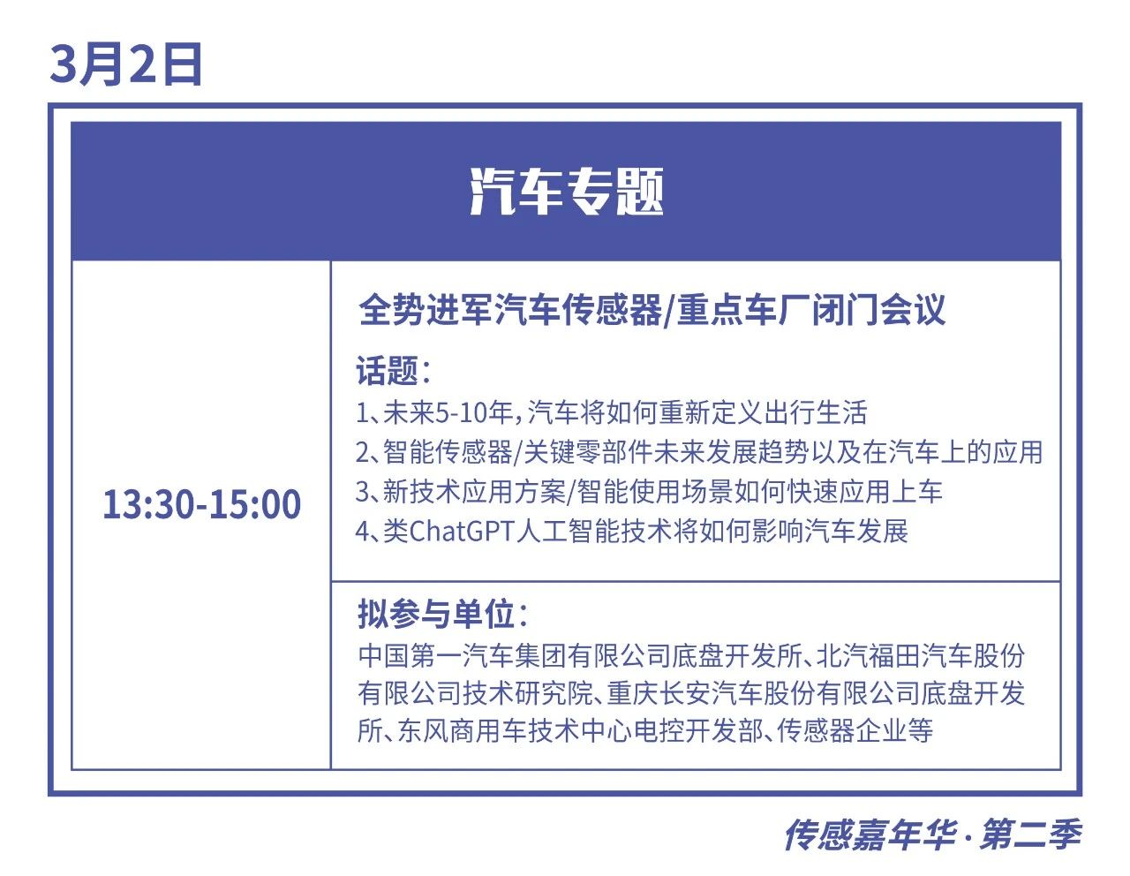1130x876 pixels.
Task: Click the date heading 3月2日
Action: click(x=125, y=64)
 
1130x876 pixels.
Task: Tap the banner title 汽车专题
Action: click(x=566, y=192)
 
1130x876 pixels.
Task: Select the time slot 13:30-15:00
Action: click(x=202, y=503)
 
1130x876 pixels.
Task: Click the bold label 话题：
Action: click(x=394, y=370)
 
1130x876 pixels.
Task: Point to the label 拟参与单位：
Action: click(x=443, y=614)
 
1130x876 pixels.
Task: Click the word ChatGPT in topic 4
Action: click(x=462, y=531)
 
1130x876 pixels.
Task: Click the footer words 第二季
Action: click(x=1030, y=836)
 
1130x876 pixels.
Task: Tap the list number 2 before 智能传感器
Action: click(x=362, y=452)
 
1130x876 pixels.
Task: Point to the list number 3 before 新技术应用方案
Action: click(x=362, y=492)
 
